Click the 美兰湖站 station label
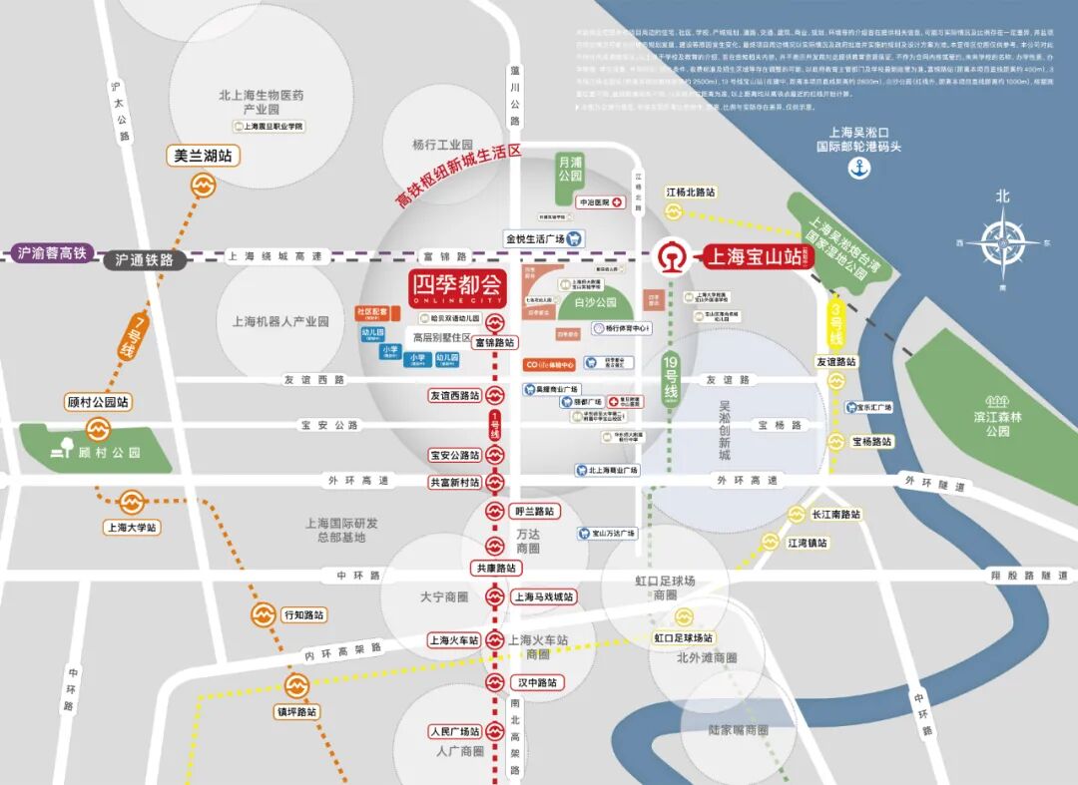pyautogui.click(x=204, y=157)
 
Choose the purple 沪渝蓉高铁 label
pyautogui.click(x=52, y=253)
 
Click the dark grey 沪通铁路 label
pyautogui.click(x=145, y=259)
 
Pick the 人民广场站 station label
pyautogui.click(x=455, y=731)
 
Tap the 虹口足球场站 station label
pyautogui.click(x=684, y=637)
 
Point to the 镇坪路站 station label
pyautogui.click(x=296, y=712)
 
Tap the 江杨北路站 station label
pyautogui.click(x=692, y=192)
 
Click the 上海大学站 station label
pyautogui.click(x=132, y=527)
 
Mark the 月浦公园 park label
pyautogui.click(x=570, y=168)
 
